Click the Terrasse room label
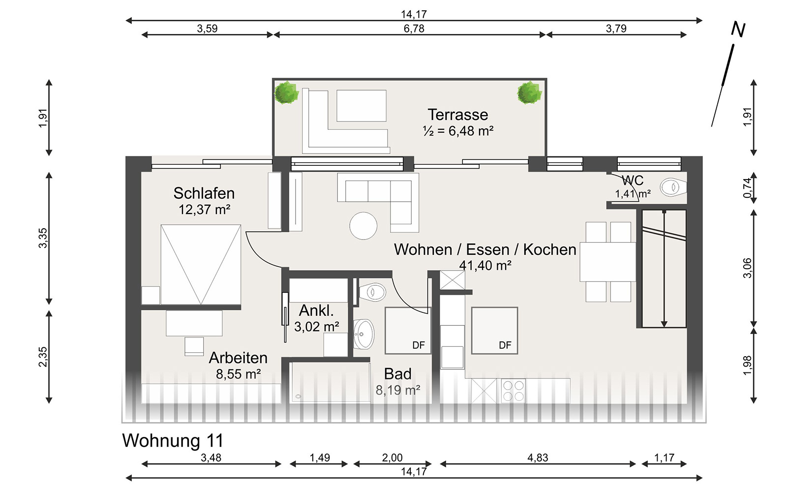458,115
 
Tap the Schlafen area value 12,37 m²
205,210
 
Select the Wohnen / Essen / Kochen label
485,249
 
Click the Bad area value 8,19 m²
398,390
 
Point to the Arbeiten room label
238,358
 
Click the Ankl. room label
316,310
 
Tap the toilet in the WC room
673,187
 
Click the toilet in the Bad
372,292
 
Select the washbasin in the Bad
363,334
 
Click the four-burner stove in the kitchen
514,391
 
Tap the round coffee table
363,226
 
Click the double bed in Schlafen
201,265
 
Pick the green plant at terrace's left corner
286,93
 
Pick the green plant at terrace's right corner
529,93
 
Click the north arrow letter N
738,30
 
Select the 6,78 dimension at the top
414,29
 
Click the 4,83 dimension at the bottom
538,458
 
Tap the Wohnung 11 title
173,440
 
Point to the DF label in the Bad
419,345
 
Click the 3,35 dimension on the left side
42,238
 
